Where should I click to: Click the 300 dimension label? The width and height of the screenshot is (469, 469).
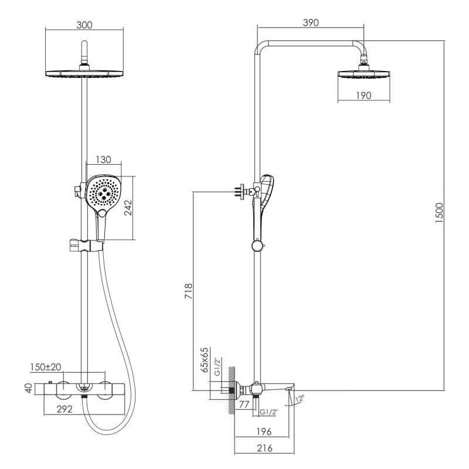(x=84, y=25)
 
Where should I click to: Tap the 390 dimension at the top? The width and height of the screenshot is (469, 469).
(x=311, y=22)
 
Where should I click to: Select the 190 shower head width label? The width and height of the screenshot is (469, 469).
(x=363, y=96)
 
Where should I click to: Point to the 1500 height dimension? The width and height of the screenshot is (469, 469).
(x=439, y=213)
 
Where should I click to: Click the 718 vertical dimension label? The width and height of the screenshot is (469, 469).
(x=188, y=291)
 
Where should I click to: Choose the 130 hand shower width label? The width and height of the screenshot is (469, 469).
(x=103, y=159)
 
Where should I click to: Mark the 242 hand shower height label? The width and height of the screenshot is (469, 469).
(x=128, y=208)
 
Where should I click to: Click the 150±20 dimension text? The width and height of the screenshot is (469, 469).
(x=46, y=367)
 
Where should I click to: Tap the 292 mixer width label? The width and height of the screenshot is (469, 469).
(x=64, y=409)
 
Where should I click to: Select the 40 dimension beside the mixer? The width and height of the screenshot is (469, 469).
(x=28, y=388)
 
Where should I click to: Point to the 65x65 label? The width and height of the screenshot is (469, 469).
(x=205, y=359)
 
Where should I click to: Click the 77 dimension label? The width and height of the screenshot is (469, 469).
(x=244, y=405)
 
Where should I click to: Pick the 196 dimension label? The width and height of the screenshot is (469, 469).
(x=264, y=431)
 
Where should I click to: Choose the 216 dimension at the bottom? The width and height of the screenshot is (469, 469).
(x=265, y=448)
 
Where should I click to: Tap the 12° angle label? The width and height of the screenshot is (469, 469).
(x=300, y=399)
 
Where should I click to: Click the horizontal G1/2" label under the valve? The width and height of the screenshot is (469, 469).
(x=269, y=412)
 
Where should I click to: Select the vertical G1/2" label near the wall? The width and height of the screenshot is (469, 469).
(x=217, y=366)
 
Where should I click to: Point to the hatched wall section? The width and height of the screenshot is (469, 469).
(x=231, y=390)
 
